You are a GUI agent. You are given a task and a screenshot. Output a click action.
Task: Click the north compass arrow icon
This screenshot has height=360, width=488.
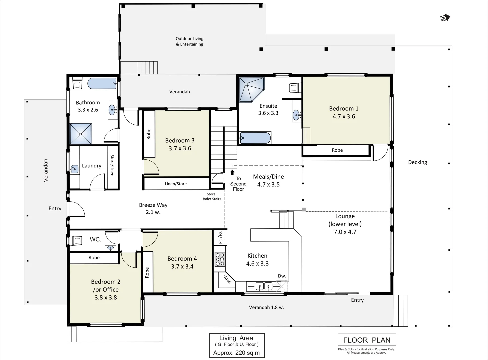[x=445, y=18]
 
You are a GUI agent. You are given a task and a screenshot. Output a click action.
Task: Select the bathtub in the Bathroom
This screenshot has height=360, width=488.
[x=102, y=83]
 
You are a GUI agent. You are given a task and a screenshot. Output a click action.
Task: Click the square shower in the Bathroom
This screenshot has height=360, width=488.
[x=81, y=134]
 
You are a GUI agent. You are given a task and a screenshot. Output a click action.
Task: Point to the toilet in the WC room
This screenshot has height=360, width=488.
[x=77, y=240]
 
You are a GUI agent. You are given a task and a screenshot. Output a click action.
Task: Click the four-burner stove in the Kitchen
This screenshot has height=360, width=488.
[x=220, y=259]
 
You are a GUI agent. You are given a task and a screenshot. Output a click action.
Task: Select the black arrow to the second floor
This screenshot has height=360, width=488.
[x=232, y=172]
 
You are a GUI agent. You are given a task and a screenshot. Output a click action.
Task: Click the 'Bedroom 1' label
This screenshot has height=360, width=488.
[x=344, y=109]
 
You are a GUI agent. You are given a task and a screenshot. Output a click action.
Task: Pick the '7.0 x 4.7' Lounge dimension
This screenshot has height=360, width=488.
[x=345, y=232]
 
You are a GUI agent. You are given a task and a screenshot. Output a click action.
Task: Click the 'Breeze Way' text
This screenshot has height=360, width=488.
[x=153, y=205]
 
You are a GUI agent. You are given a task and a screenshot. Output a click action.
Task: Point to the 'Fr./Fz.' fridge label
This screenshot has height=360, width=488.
[x=220, y=237]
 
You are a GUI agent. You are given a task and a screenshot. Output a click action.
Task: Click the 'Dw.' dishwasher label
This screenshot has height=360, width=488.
[x=282, y=276]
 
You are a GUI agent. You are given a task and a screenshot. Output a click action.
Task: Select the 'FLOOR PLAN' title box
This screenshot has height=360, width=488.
[x=367, y=340]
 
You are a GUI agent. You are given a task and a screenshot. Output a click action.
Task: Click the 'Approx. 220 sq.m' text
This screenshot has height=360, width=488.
[x=236, y=353]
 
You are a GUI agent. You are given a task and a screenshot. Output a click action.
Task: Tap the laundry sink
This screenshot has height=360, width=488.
[x=74, y=169]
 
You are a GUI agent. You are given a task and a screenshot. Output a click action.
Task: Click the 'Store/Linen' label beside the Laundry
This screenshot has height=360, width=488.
[x=112, y=165]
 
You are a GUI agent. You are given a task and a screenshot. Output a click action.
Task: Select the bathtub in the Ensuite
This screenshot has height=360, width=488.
[x=255, y=138]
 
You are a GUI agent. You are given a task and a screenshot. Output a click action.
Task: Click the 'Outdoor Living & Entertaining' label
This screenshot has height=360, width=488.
[x=189, y=41]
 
